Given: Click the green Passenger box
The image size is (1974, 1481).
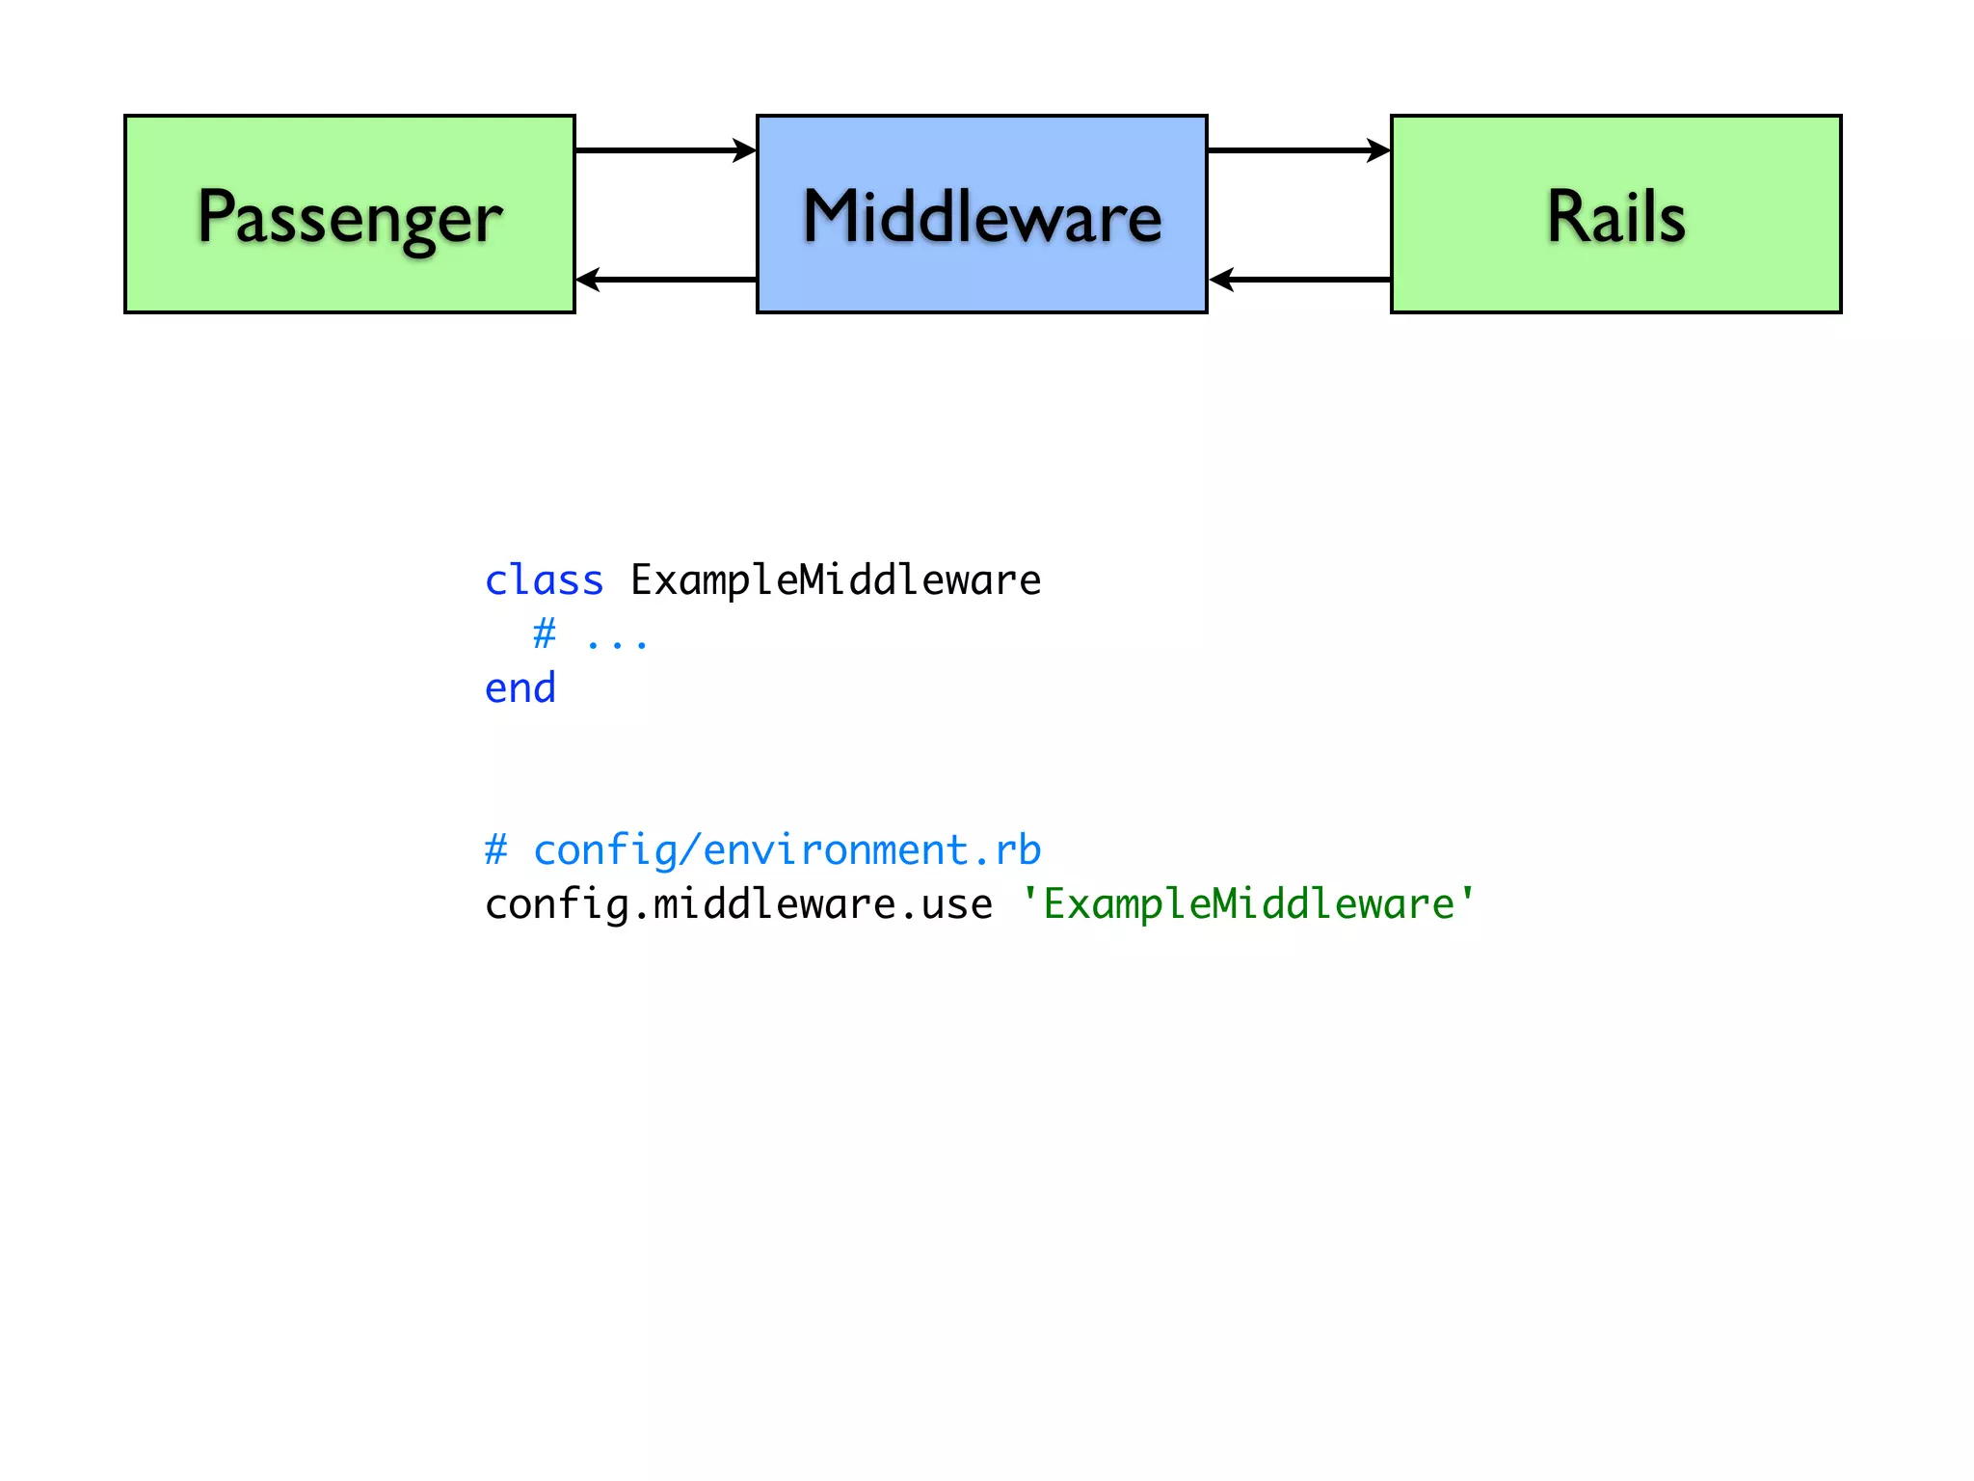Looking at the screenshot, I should tap(350, 280).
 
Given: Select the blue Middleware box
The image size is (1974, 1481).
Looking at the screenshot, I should tap(981, 280).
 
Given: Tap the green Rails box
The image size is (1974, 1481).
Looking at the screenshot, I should tap(1615, 280).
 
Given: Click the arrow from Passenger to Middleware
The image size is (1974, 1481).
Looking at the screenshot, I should tap(665, 150).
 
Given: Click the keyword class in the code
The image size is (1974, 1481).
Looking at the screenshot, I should tap(544, 580).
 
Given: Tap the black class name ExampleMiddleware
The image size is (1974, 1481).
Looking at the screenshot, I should tap(836, 580).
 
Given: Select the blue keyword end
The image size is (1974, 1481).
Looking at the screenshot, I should tap(520, 688).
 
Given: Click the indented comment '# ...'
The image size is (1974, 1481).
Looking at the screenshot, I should tap(590, 636).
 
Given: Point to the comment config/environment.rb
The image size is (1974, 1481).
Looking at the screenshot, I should tap(787, 850).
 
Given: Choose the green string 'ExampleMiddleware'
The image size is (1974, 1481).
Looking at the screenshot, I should tap(1248, 904).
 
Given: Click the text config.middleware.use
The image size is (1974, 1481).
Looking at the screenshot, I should tap(738, 904).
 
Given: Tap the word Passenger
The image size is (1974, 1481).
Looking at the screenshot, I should tap(350, 218).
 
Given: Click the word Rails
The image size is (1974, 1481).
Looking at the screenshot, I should tap(1615, 216).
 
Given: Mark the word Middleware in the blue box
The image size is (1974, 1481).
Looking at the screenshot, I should tap(981, 216).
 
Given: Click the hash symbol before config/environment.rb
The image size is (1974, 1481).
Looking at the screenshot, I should tap(495, 850).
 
